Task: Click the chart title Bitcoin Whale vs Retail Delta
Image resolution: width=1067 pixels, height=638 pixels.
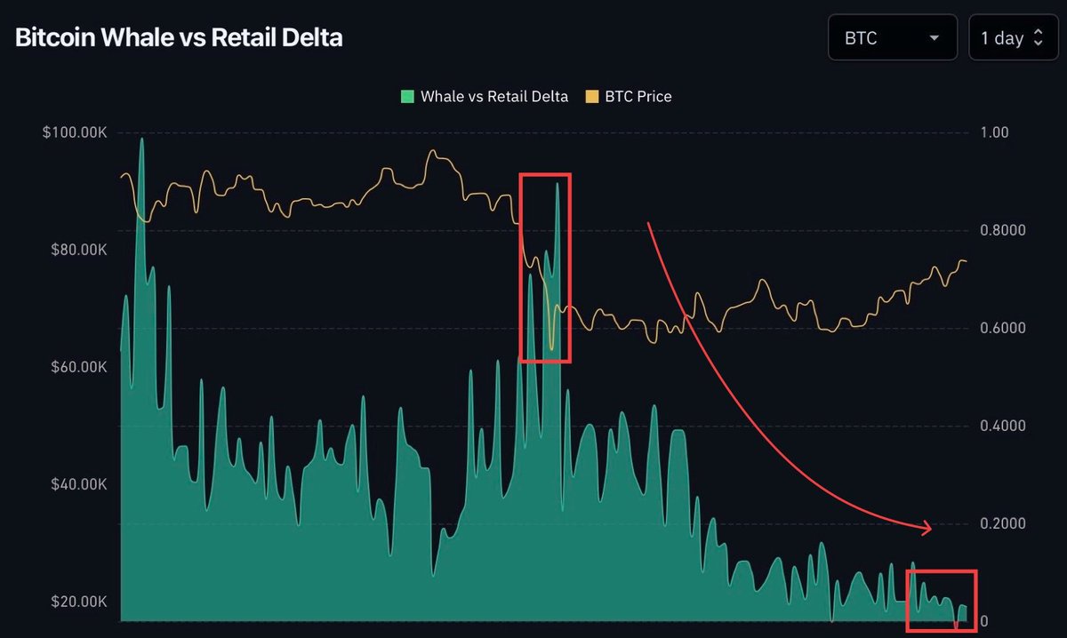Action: [179, 37]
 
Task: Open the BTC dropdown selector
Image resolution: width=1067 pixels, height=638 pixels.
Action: [893, 38]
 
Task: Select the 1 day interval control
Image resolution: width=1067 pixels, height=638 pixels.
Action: [1013, 38]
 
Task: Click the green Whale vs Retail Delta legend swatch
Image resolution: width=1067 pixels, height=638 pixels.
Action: [408, 97]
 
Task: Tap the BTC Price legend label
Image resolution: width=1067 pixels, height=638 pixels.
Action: [638, 97]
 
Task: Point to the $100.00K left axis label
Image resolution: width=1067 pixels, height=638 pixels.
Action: [75, 132]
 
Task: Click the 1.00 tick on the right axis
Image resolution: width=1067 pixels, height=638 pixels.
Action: [993, 132]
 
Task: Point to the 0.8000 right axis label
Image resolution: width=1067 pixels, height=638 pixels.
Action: [1002, 230]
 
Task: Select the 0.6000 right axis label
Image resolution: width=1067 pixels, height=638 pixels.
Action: [1002, 328]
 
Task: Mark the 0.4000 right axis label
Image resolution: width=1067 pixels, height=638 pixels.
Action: [1002, 426]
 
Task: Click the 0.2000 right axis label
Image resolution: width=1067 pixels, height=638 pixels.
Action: [1002, 523]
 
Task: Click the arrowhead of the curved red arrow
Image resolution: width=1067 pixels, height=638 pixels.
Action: [927, 529]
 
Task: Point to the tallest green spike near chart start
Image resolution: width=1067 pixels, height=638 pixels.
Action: [141, 140]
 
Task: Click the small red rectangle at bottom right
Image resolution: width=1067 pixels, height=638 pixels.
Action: [941, 600]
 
